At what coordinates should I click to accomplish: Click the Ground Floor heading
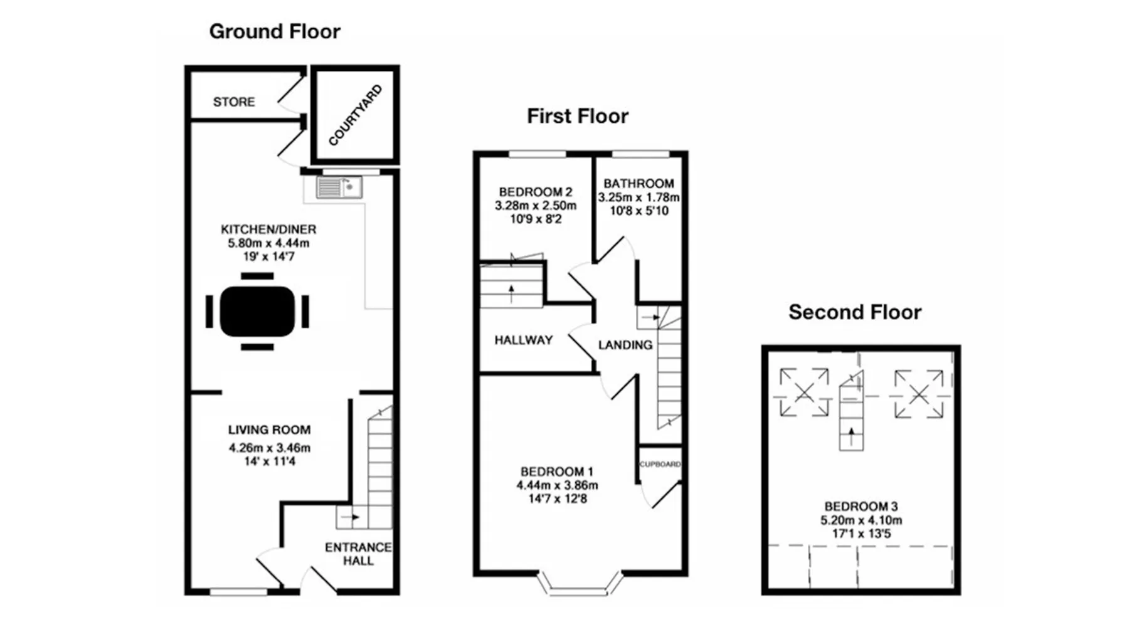coord(275,32)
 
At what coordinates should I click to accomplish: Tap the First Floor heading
coord(578,116)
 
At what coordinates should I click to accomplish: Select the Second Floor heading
coord(855,312)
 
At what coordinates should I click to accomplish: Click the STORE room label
coord(234,102)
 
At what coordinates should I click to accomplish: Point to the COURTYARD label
coord(355,115)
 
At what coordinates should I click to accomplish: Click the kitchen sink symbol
coord(339,187)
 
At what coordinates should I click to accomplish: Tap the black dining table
coord(257,312)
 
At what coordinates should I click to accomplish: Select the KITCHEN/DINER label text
coord(268,229)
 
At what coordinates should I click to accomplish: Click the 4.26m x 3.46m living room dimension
coord(270,448)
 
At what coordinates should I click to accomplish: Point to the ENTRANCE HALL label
coord(358,554)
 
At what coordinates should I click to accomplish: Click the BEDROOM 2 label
coord(536,192)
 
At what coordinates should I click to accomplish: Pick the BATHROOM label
coord(639,184)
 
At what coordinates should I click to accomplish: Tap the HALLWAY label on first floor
coord(524,340)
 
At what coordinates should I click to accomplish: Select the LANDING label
coord(625,345)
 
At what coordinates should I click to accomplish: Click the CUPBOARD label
coord(660,465)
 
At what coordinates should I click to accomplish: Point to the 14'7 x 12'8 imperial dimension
coord(558,499)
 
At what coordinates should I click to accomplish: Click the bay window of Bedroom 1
coord(580,582)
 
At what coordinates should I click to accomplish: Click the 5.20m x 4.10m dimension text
coord(861,520)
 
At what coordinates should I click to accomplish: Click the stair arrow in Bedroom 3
coord(851,436)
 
